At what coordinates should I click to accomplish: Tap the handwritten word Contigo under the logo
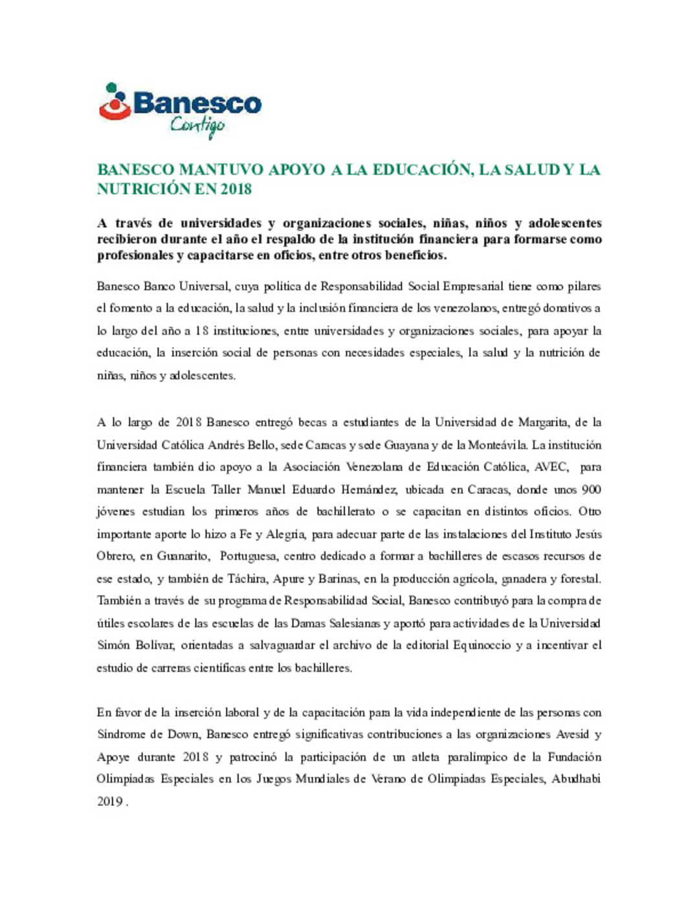(x=197, y=126)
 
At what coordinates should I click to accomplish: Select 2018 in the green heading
(x=235, y=189)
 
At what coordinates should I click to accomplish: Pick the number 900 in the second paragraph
(x=591, y=489)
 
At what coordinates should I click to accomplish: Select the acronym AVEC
(x=551, y=467)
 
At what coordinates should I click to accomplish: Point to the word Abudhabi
(x=575, y=779)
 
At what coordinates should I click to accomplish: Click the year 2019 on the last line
(x=109, y=801)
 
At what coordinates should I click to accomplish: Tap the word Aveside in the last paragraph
(x=573, y=735)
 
